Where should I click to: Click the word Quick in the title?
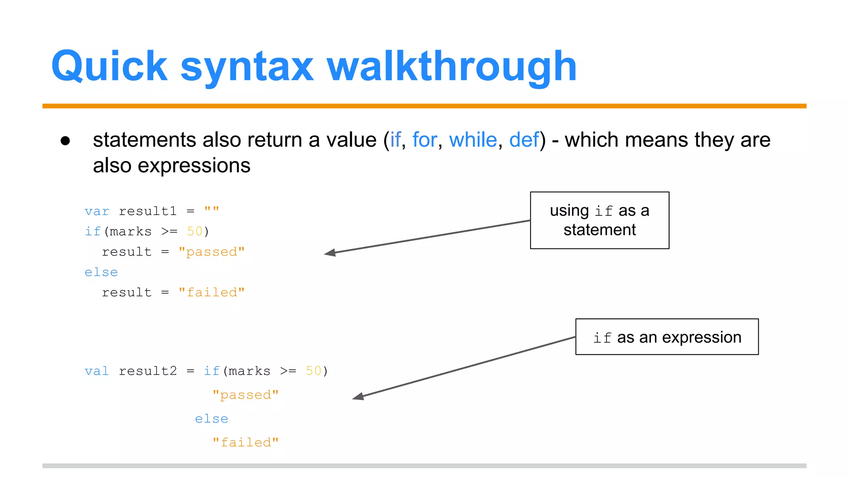(109, 66)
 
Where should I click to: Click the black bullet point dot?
(65, 141)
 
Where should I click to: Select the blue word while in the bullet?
(473, 140)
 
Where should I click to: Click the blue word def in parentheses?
(524, 140)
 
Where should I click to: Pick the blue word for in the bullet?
(424, 140)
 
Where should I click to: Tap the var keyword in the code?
(97, 212)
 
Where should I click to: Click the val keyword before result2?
(97, 371)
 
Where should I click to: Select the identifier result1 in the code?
(148, 212)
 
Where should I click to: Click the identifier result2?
(148, 371)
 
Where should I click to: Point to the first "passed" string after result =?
(211, 252)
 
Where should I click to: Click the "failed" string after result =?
(211, 293)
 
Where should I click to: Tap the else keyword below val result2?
(211, 419)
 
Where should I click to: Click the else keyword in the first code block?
(101, 272)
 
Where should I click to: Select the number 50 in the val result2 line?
(313, 371)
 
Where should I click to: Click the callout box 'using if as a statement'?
(599, 220)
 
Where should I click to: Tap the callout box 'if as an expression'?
(667, 337)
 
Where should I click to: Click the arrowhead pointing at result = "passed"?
(330, 253)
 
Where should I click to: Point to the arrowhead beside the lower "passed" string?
(358, 397)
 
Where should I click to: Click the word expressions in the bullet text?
(194, 166)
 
